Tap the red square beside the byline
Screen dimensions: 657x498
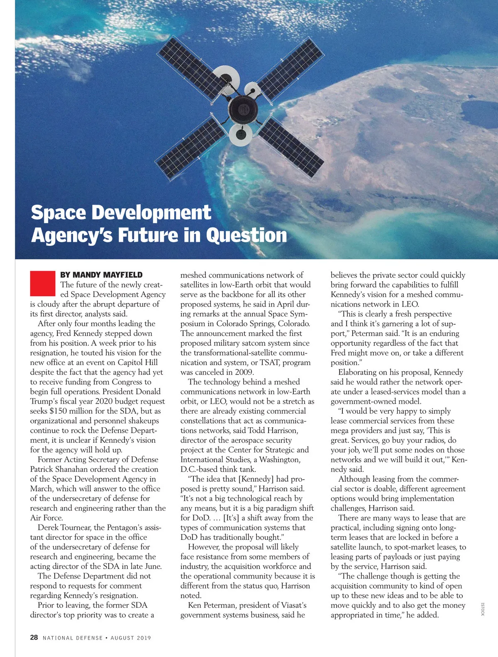(x=42, y=284)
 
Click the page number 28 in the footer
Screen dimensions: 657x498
(x=34, y=637)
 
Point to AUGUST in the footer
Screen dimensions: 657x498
(x=122, y=638)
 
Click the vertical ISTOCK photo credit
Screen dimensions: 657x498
(x=483, y=609)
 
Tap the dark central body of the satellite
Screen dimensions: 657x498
(x=243, y=109)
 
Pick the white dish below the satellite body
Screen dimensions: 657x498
(x=240, y=134)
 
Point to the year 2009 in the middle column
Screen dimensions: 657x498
(x=244, y=372)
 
